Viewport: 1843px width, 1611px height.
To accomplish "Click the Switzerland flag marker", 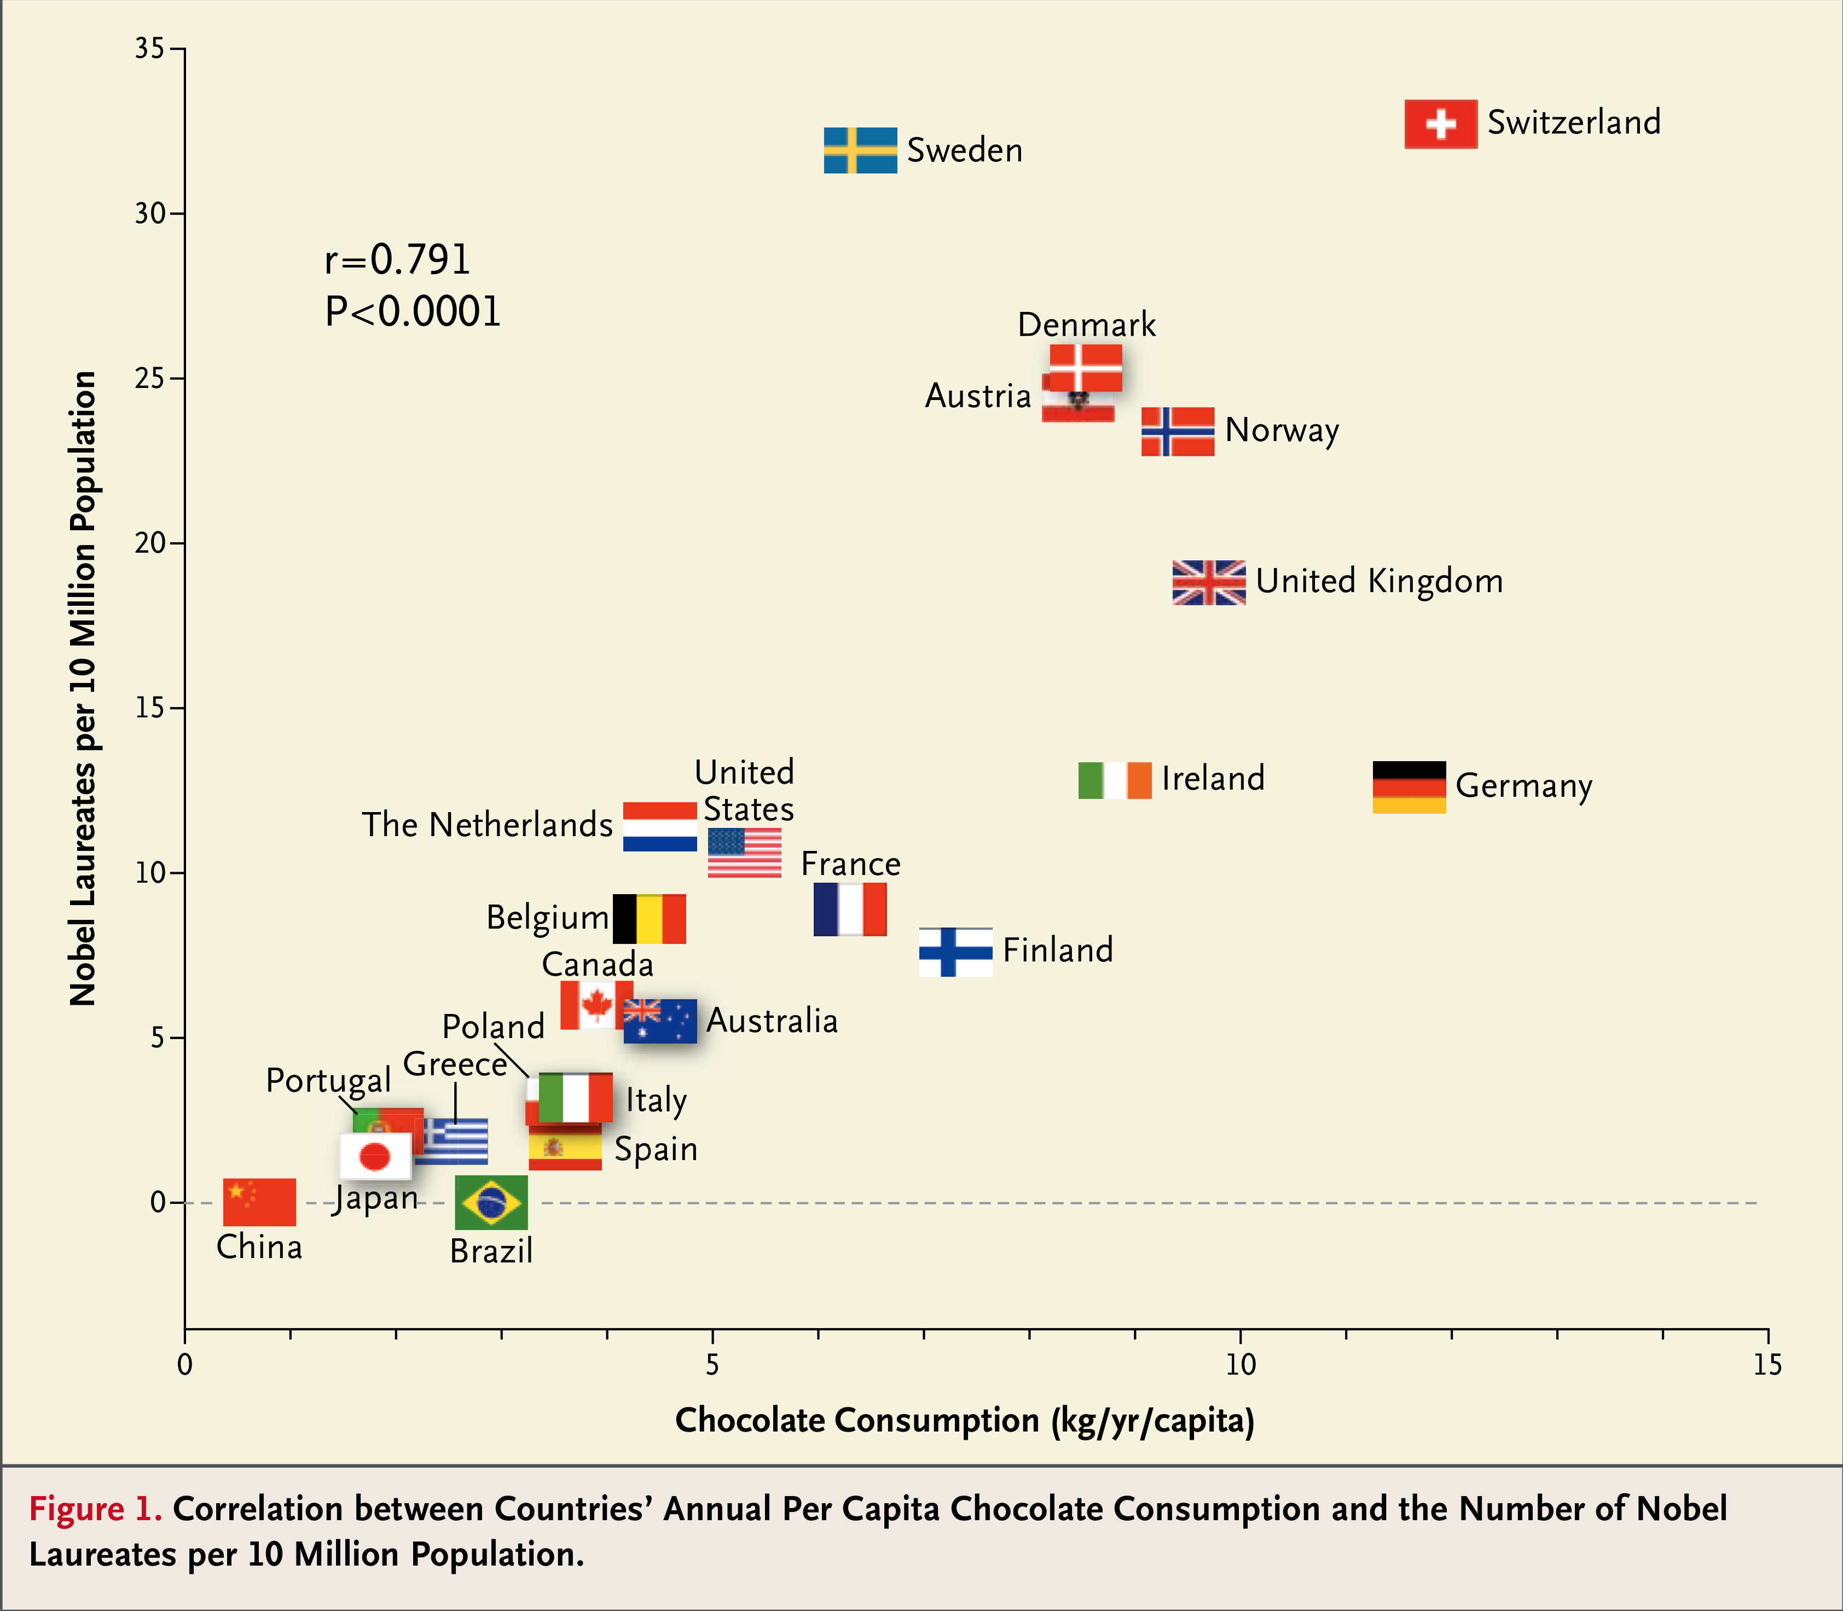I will (x=1440, y=124).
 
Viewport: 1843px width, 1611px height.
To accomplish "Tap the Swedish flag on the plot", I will (x=860, y=150).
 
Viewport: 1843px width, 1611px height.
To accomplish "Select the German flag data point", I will (x=1409, y=787).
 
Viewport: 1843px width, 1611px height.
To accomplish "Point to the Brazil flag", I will (x=491, y=1202).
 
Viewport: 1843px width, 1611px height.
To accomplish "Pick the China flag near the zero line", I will (x=259, y=1202).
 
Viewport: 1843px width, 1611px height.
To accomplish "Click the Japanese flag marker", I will (x=375, y=1155).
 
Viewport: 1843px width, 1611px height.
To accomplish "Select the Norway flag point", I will (x=1177, y=432).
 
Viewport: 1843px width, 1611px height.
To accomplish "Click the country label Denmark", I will (x=1086, y=324).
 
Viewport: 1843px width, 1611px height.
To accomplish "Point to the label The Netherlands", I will (x=486, y=824).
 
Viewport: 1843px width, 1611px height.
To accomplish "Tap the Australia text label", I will (x=772, y=1021).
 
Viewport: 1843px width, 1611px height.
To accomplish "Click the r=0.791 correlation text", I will (x=397, y=260).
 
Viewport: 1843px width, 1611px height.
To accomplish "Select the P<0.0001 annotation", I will (x=413, y=311).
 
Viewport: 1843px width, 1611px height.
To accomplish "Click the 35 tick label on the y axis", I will (x=150, y=49).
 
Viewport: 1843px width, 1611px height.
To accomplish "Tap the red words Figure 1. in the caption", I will (x=95, y=1509).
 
